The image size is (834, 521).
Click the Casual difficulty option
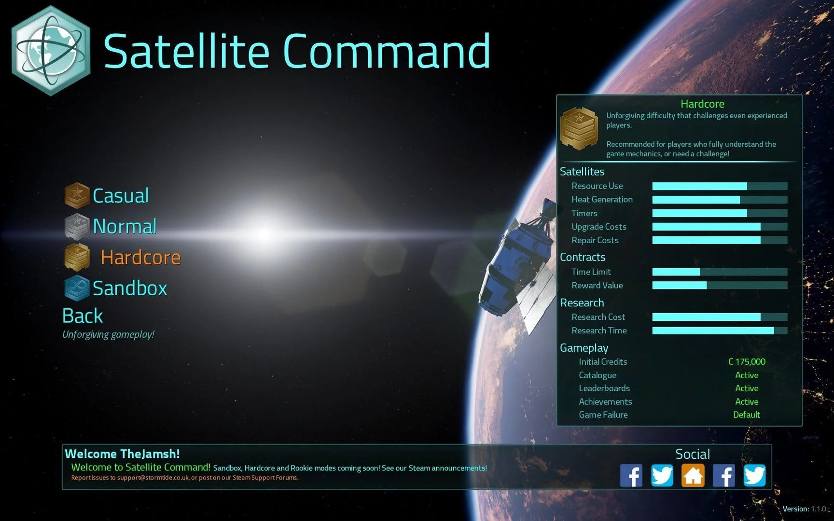click(121, 196)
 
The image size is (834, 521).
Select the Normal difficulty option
click(125, 226)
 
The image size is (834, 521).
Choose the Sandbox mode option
click(130, 288)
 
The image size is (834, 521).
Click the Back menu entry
click(83, 316)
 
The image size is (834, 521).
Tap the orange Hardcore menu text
click(140, 257)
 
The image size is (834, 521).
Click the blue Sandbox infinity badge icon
click(77, 288)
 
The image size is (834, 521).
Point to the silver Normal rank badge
click(77, 226)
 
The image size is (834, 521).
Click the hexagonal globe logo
click(51, 51)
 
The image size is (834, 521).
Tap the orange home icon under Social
click(693, 476)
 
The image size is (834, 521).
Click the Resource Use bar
click(720, 186)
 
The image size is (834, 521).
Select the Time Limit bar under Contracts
click(720, 272)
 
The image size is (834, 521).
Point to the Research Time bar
click(720, 330)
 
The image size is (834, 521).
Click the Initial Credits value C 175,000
click(747, 362)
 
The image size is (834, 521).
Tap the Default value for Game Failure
click(747, 415)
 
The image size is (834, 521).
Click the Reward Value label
click(597, 286)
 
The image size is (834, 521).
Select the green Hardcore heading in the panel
click(702, 104)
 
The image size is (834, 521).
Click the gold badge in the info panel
click(579, 128)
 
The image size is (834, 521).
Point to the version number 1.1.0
click(819, 509)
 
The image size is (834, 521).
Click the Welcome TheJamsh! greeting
click(122, 454)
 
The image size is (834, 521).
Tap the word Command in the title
click(387, 51)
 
